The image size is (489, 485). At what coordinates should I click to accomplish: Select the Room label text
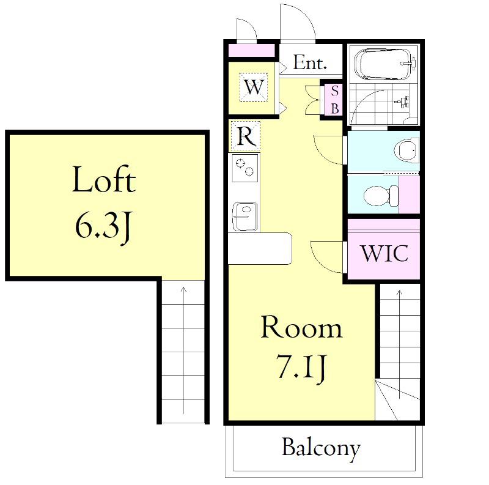click(301, 327)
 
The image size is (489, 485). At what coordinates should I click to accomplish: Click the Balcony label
click(322, 449)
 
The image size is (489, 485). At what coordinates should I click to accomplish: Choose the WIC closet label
click(384, 253)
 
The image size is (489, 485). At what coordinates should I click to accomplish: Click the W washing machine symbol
click(253, 87)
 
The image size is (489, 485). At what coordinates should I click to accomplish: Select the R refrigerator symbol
click(246, 136)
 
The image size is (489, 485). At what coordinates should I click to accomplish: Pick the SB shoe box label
click(334, 100)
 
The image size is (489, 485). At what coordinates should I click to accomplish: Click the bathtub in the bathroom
click(385, 65)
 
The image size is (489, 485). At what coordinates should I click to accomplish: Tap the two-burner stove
click(245, 168)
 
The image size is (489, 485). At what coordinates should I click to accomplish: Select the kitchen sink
click(245, 217)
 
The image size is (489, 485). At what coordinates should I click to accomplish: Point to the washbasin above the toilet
click(406, 150)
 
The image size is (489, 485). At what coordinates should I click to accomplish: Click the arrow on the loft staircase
click(183, 350)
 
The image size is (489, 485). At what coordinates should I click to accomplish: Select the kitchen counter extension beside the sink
click(260, 248)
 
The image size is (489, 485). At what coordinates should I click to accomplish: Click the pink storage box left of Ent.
click(251, 51)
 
